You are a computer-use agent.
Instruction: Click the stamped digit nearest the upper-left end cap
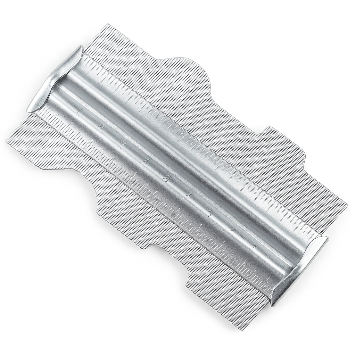tap(79, 111)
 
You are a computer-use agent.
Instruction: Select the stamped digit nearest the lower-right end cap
tap(254, 247)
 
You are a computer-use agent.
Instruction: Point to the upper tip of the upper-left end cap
tap(81, 46)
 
